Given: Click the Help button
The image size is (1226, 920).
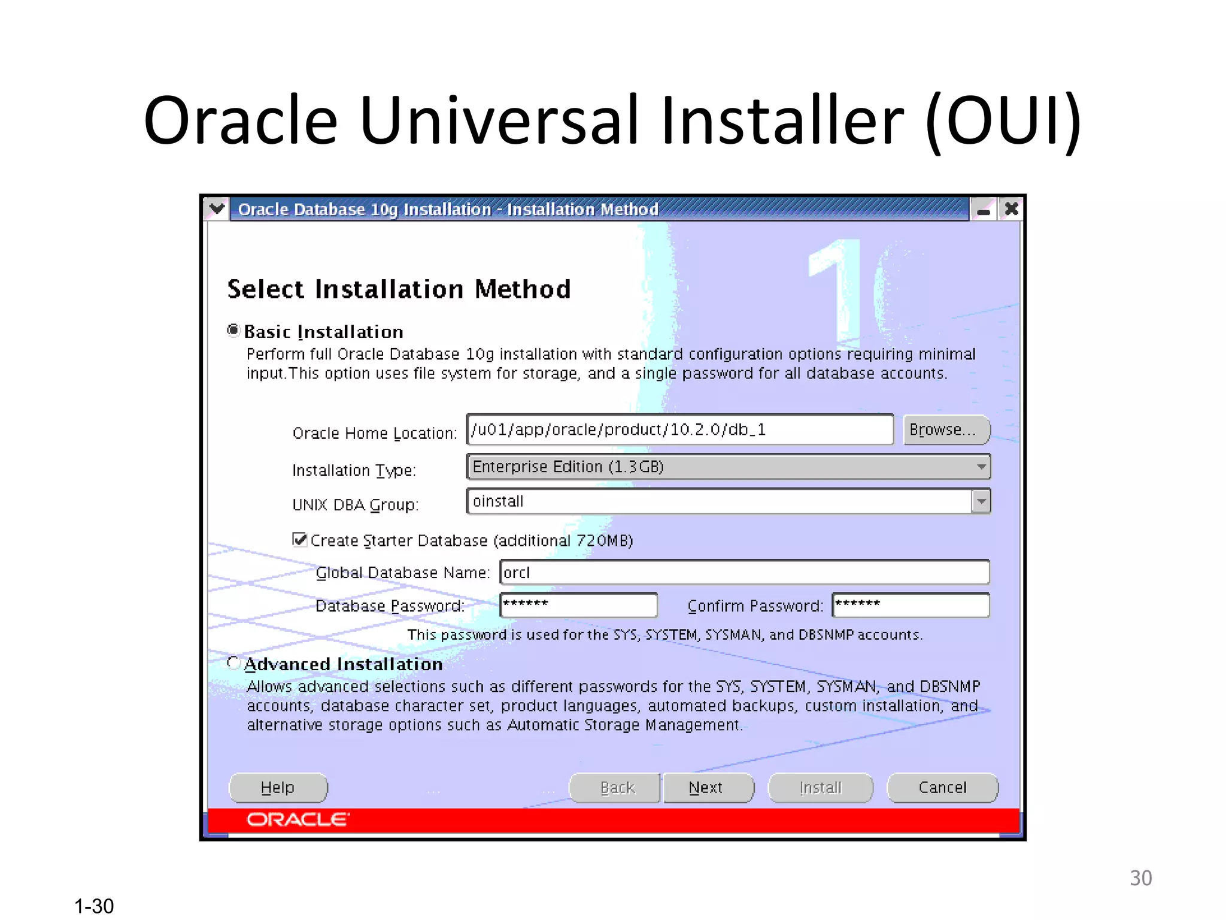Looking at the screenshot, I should tap(278, 788).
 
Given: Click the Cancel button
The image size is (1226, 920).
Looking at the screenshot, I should tap(942, 788).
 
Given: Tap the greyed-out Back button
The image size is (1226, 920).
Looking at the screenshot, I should tap(616, 788).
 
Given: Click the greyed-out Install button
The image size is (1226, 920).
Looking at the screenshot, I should tap(820, 788).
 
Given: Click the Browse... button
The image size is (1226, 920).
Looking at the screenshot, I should tap(946, 430).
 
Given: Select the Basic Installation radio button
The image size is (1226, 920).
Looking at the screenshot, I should tap(233, 331).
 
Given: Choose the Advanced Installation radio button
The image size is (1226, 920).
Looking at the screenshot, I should tap(233, 663).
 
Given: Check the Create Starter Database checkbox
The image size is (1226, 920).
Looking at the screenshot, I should tap(299, 540).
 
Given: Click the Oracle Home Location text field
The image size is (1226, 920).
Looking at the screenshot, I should tap(679, 430).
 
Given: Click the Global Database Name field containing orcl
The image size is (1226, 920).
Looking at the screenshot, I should tap(744, 573).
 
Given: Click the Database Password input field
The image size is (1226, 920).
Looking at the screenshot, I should tap(578, 605).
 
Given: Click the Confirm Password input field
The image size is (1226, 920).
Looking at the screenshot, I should tap(910, 605).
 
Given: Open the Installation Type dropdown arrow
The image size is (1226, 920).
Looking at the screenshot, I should tap(981, 467).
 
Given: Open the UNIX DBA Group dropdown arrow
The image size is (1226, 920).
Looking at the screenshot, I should tap(981, 501).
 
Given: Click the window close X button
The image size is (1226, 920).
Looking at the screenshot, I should tap(1012, 209).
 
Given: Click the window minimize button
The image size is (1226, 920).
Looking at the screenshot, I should tap(984, 210).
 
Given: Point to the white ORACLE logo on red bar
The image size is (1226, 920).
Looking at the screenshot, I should tap(298, 819).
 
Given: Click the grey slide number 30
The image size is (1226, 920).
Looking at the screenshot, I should tap(1140, 878).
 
